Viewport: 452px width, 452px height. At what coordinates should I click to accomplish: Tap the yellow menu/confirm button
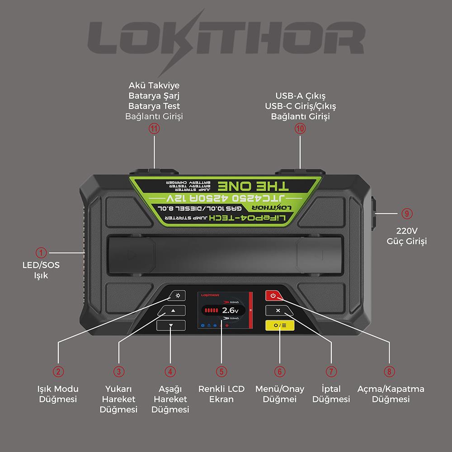click(x=280, y=325)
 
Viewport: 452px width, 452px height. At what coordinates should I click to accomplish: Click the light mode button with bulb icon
click(x=178, y=296)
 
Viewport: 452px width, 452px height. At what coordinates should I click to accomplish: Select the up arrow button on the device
click(x=172, y=311)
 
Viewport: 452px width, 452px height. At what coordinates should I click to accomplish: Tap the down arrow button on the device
click(x=170, y=325)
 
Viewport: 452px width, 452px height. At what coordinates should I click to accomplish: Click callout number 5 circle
click(x=221, y=371)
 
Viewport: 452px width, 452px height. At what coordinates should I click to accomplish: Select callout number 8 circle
click(x=389, y=371)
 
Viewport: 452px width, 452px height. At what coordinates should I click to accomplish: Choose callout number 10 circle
click(x=301, y=128)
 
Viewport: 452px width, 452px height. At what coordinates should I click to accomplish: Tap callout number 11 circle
click(x=155, y=128)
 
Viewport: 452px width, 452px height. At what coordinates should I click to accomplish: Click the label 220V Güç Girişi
click(x=406, y=235)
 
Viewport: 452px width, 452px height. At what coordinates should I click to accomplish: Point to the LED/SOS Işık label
click(x=41, y=270)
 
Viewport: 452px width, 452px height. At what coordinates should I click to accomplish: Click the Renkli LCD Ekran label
click(x=221, y=394)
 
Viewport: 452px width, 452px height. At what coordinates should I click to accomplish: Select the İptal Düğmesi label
click(x=331, y=394)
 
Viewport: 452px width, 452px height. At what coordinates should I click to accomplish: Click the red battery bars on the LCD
click(x=211, y=311)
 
